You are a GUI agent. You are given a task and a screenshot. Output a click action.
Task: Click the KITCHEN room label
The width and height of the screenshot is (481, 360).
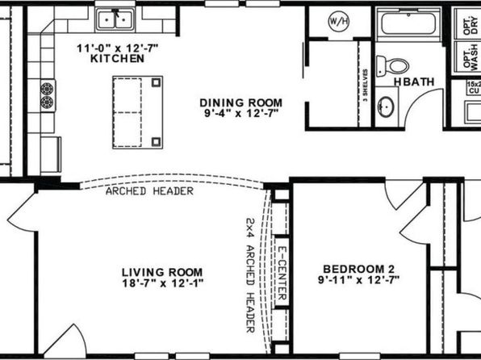(118, 58)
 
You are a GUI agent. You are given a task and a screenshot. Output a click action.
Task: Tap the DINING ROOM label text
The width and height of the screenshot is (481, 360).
(240, 103)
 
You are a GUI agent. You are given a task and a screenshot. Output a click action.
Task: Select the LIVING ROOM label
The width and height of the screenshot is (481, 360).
(162, 272)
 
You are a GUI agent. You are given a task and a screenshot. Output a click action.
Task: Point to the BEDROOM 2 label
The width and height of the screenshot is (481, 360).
(358, 269)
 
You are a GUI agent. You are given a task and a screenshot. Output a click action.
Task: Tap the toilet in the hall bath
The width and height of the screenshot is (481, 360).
(393, 66)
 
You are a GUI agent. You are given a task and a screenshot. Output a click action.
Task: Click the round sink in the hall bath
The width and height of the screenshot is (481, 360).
(386, 107)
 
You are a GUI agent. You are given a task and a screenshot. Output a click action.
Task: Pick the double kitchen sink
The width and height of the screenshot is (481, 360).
(115, 19)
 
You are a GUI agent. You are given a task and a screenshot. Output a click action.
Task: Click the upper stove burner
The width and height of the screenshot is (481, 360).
(47, 89)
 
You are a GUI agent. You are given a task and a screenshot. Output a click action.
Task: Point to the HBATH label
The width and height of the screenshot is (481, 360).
(414, 82)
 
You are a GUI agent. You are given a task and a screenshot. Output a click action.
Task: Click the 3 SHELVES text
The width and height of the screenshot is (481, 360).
(365, 86)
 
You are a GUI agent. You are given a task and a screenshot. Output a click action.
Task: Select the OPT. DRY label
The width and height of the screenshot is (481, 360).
(471, 25)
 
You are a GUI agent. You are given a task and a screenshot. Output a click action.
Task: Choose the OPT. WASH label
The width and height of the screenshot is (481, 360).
(471, 57)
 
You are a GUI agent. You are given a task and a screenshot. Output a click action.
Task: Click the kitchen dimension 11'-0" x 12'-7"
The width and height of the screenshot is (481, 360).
(118, 48)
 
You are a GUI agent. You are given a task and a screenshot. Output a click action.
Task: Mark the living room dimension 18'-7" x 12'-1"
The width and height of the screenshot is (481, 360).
(163, 283)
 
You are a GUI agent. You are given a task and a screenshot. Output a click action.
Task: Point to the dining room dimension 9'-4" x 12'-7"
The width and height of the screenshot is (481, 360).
(241, 114)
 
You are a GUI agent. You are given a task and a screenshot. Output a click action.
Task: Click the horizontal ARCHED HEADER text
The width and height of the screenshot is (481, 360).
(149, 191)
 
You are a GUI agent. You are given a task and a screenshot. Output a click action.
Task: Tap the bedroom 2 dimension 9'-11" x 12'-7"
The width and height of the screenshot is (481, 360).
(358, 280)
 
